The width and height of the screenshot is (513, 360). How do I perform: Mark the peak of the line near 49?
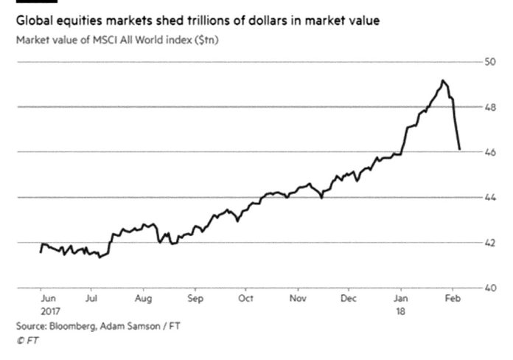[442, 80]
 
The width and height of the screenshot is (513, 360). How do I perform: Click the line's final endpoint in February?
[460, 149]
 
